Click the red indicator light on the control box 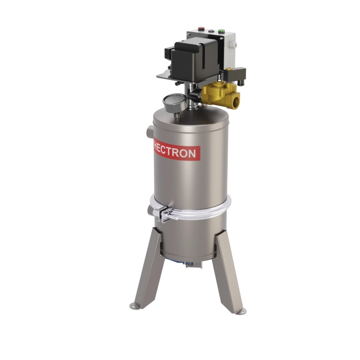coord(202,29)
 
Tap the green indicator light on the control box coord(222,31)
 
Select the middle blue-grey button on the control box coord(211,30)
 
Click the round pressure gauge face coord(174,102)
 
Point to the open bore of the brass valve coord(236,101)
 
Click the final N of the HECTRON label coord(191,153)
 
